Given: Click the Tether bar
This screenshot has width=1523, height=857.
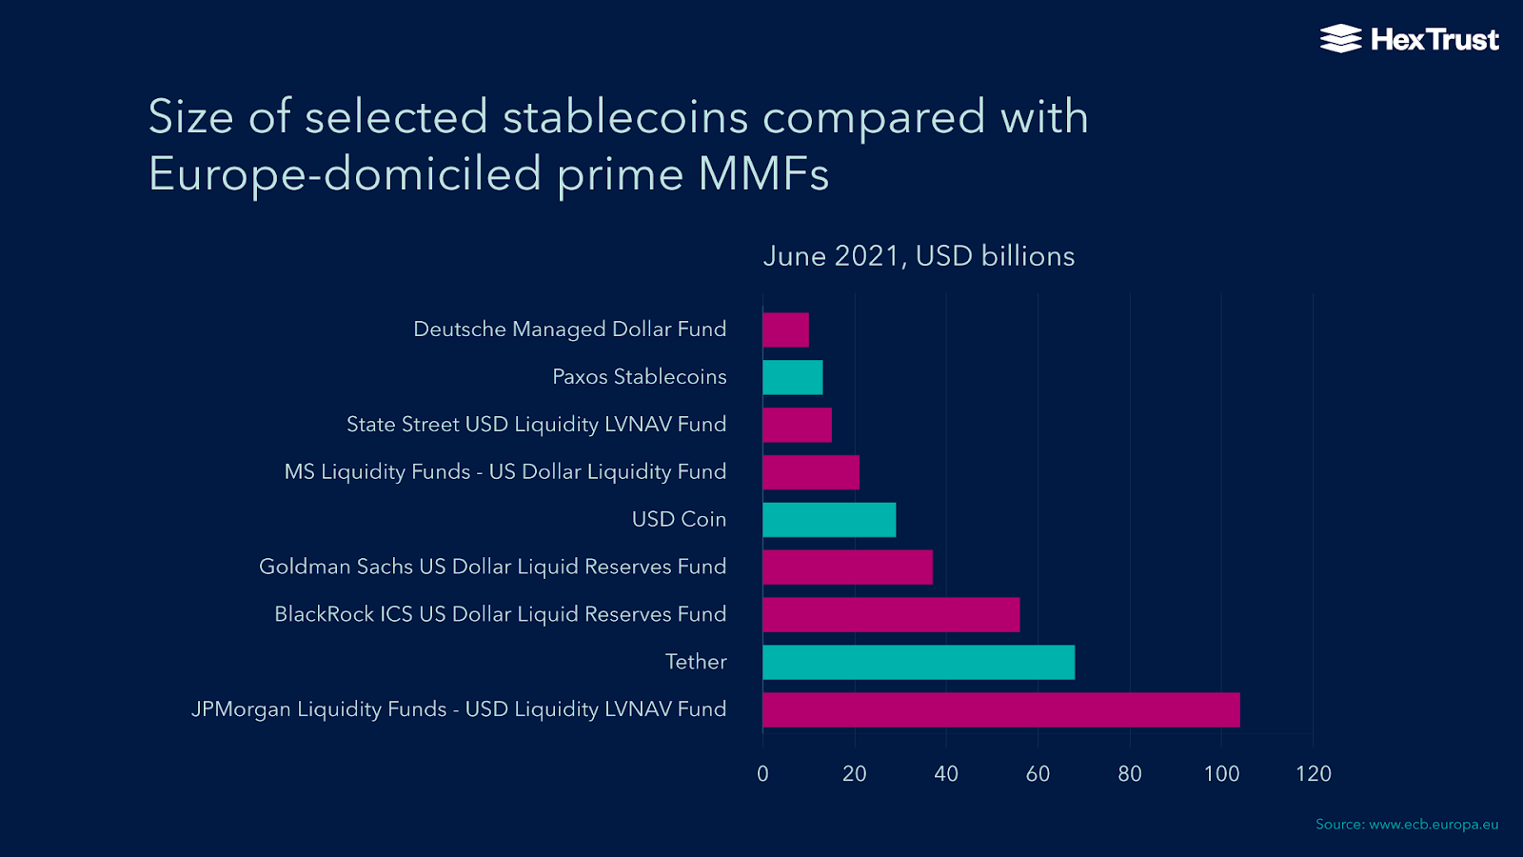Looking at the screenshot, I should tap(919, 662).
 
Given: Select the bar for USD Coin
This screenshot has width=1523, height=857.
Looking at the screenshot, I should tap(829, 520).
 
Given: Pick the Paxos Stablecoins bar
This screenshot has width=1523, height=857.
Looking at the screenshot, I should tap(792, 377).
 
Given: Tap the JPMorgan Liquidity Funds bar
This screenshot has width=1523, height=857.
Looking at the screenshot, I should tap(1001, 709).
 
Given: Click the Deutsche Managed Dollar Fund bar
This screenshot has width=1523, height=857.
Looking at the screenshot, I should tap(785, 329).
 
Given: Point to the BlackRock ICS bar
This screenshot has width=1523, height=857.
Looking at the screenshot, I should tap(891, 614).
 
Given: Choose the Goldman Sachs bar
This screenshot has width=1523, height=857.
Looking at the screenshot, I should tap(847, 567).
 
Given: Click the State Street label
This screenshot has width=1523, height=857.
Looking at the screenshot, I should tap(536, 425).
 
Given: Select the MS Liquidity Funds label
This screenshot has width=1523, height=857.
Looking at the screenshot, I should tap(504, 472).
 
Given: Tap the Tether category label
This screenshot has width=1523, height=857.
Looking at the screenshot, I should tap(695, 662).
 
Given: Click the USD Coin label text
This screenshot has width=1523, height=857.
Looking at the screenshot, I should tap(679, 520).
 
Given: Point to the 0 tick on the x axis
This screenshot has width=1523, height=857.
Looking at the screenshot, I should tap(762, 774).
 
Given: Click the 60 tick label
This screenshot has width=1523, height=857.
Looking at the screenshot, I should tap(1038, 774).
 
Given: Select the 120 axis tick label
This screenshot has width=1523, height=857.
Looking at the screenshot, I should tap(1313, 774).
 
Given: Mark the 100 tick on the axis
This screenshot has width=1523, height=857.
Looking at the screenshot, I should tap(1221, 774).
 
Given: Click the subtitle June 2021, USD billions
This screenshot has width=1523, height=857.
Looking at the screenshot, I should tap(919, 256).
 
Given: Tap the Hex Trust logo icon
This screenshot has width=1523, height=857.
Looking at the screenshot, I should tap(1340, 39).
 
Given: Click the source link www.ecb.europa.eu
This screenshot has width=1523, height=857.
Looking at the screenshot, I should tap(1434, 825).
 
